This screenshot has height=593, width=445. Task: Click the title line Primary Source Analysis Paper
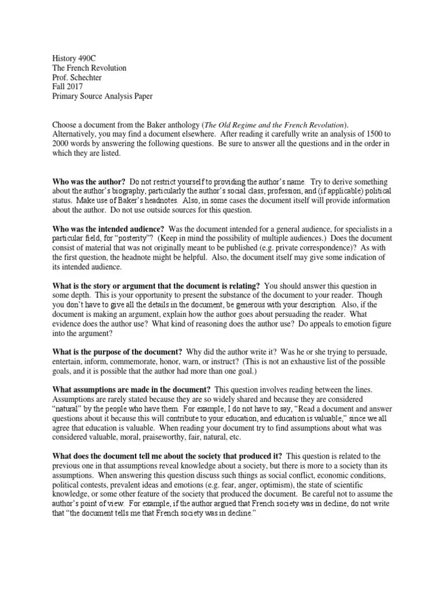point(103,96)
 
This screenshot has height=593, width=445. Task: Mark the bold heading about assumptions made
point(132,390)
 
